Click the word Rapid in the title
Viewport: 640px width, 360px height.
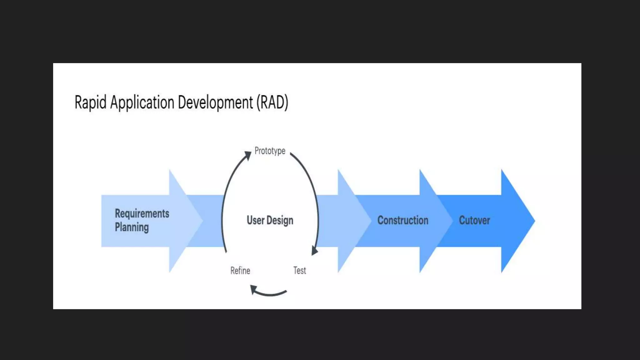pyautogui.click(x=90, y=102)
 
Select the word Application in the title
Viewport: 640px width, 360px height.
pyautogui.click(x=142, y=102)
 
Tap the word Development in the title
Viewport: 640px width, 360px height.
pyautogui.click(x=215, y=102)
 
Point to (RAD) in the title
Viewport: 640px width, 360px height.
pyautogui.click(x=272, y=102)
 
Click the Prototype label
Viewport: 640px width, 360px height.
pyautogui.click(x=270, y=151)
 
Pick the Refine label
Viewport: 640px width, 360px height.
pyautogui.click(x=240, y=271)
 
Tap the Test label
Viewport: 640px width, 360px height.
pyautogui.click(x=300, y=271)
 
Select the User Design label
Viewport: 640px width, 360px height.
pyautogui.click(x=270, y=220)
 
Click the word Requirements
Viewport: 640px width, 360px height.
pyautogui.click(x=142, y=213)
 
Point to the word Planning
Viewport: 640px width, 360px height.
pyautogui.click(x=132, y=227)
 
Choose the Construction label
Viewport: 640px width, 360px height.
pyautogui.click(x=403, y=220)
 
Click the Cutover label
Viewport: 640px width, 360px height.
pyautogui.click(x=474, y=220)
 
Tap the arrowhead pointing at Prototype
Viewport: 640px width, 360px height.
pyautogui.click(x=248, y=155)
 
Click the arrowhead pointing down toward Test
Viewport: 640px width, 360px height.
pyautogui.click(x=314, y=251)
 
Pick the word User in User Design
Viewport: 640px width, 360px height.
pyautogui.click(x=256, y=220)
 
